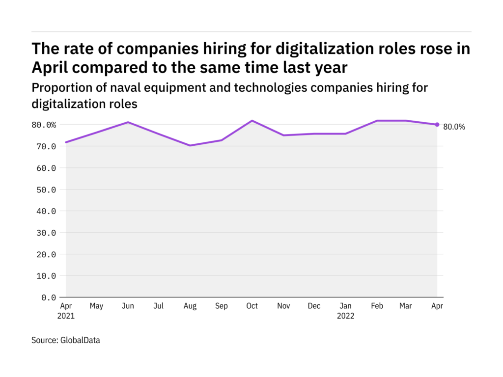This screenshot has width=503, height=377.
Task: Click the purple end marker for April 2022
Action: pos(437,125)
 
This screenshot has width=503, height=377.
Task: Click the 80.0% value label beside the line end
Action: pos(454,127)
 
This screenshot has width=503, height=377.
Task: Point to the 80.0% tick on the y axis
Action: pos(44,125)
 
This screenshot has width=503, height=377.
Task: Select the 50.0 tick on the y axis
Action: pos(46,189)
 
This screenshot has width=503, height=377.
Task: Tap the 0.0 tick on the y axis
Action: pos(48,297)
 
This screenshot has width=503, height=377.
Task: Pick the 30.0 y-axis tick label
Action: pos(46,233)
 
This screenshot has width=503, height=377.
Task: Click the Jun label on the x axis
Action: pos(128,306)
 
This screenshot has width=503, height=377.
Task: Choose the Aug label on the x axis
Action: pos(190,306)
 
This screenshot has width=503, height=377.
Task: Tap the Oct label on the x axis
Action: pos(252,306)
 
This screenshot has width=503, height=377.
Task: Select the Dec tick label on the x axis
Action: pos(314,306)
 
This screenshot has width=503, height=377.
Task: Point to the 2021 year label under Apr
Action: pos(66,316)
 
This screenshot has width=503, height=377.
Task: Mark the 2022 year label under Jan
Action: pos(345,316)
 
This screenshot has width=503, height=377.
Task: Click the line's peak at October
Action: pos(252,121)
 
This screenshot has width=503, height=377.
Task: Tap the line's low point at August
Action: pos(190,145)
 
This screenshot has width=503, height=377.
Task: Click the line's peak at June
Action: pos(128,122)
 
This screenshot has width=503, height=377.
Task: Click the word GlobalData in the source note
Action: pos(80,340)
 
